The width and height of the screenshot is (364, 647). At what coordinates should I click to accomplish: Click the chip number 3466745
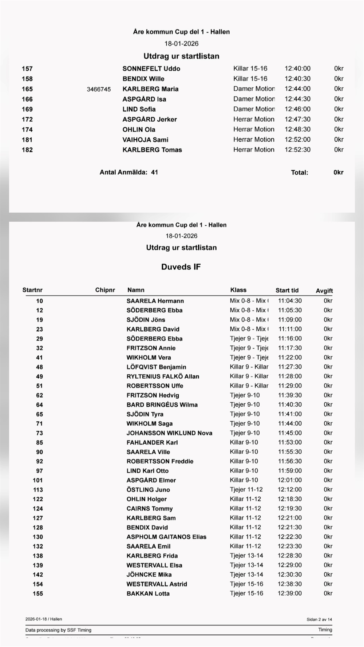click(x=99, y=89)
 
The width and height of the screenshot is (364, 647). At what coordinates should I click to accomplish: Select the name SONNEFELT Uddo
click(x=151, y=69)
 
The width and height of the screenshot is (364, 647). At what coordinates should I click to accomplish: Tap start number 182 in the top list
click(x=27, y=150)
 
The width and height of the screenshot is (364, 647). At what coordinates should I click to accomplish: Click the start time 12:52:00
click(x=297, y=139)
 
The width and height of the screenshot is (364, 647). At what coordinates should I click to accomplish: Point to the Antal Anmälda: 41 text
click(x=129, y=173)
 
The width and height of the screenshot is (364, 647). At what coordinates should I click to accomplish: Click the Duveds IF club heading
click(x=181, y=267)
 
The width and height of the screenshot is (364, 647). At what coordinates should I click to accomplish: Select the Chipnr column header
click(x=105, y=290)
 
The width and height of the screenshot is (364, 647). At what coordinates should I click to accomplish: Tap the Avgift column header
click(x=324, y=291)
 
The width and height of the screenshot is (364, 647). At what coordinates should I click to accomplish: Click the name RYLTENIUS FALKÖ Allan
click(x=163, y=376)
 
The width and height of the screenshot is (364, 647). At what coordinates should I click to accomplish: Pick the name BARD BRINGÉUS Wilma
click(x=162, y=405)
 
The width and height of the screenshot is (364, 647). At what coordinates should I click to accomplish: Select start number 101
click(x=38, y=480)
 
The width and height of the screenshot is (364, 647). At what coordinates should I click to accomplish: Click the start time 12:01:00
click(x=290, y=480)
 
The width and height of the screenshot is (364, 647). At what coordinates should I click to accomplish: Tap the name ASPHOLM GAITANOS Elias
click(x=166, y=537)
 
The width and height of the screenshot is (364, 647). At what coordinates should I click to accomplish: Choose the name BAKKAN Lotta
click(x=148, y=593)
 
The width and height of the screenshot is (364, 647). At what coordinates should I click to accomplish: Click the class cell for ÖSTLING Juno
click(x=246, y=490)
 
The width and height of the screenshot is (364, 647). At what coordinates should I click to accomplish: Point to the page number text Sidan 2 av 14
click(x=319, y=619)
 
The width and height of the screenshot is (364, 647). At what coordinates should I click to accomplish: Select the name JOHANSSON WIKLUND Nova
click(x=169, y=433)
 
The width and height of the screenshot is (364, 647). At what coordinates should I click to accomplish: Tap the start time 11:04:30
click(x=290, y=301)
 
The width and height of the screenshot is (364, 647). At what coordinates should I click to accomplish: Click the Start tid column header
click(x=287, y=291)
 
